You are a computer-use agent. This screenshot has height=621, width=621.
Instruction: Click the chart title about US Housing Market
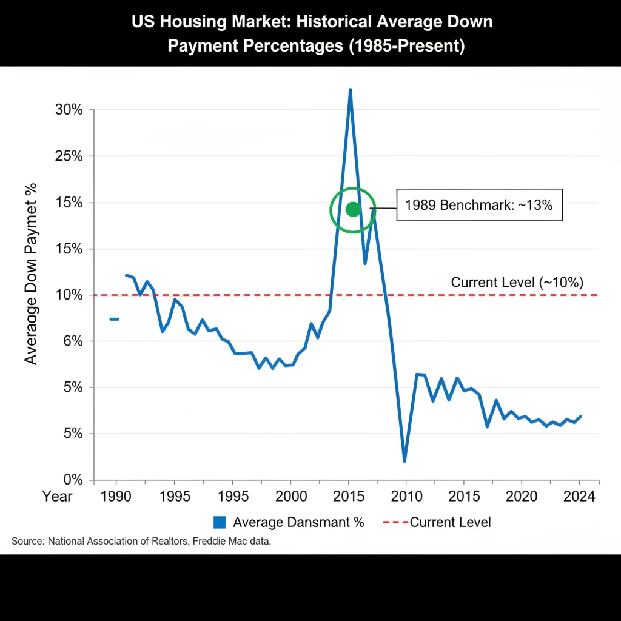point(312,34)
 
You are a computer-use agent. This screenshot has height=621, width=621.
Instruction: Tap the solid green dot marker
point(353,209)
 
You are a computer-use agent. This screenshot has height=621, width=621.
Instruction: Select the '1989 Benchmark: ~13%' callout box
point(478,205)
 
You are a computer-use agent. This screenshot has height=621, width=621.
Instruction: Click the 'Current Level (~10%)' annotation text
point(517,282)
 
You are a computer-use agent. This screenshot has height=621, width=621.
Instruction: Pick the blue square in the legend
point(220,522)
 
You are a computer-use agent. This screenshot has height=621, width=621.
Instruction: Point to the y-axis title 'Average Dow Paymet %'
point(31,274)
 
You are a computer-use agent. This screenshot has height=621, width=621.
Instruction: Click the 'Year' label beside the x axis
point(57,497)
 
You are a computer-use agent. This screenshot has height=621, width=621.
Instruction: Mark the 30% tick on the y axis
point(69,110)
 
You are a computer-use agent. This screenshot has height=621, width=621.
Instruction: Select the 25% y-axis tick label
point(69,156)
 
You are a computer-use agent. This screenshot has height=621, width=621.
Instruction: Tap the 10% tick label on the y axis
point(69,295)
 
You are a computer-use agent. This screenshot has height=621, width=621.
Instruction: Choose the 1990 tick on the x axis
point(116,497)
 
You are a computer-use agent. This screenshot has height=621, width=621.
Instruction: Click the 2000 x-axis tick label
point(290,497)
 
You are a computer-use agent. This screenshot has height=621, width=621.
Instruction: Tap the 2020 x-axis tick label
point(522,497)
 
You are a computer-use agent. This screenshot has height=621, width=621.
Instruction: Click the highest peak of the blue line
point(350,90)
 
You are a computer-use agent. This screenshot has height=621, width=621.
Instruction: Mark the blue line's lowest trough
point(404,461)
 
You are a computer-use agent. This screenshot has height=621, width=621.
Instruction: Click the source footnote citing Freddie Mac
point(141,542)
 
